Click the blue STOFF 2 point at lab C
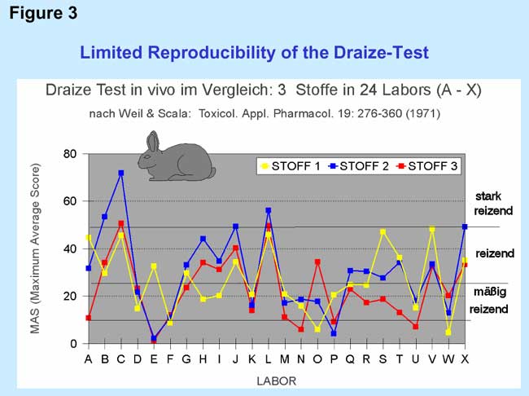121,173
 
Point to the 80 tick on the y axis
71,154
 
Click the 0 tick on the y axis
74,344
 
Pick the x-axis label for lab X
464,358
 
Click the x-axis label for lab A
88,358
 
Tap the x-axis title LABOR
276,379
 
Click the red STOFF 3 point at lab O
317,262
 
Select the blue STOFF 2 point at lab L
268,210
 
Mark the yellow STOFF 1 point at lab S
383,232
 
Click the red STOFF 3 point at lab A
88,318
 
